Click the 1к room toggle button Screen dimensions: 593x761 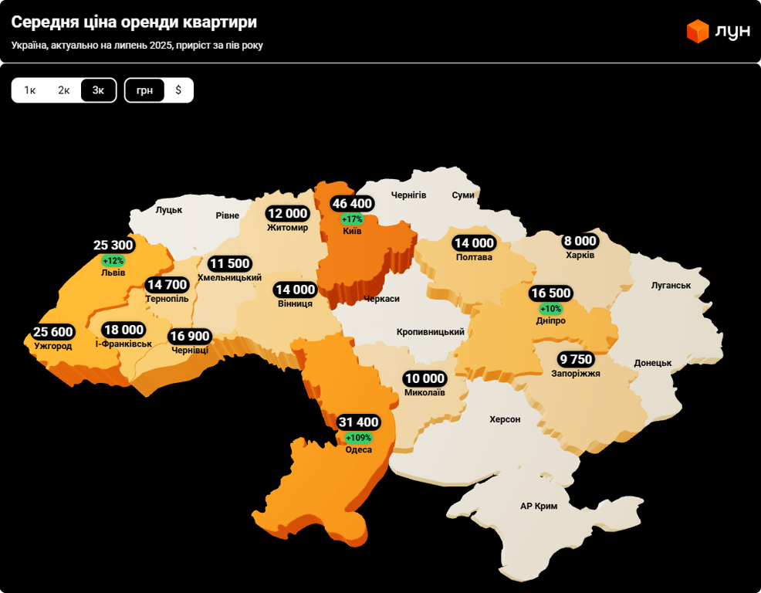pyautogui.click(x=30, y=90)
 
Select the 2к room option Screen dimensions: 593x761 pyautogui.click(x=64, y=90)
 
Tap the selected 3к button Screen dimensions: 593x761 pyautogui.click(x=98, y=90)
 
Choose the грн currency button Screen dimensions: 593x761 pyautogui.click(x=144, y=90)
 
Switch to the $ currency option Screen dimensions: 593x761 pyautogui.click(x=178, y=90)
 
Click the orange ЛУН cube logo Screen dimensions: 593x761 pyautogui.click(x=698, y=31)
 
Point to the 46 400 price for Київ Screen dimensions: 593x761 pyautogui.click(x=352, y=204)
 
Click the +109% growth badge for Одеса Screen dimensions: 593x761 pyautogui.click(x=358, y=438)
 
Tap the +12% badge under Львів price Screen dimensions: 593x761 pyautogui.click(x=113, y=261)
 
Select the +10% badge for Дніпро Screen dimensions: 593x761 pyautogui.click(x=550, y=309)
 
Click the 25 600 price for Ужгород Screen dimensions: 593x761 pyautogui.click(x=52, y=332)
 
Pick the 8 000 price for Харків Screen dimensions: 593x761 pyautogui.click(x=580, y=241)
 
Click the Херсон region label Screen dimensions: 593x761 pyautogui.click(x=505, y=419)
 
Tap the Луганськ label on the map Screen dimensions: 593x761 pyautogui.click(x=671, y=285)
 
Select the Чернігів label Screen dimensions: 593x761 pyautogui.click(x=408, y=195)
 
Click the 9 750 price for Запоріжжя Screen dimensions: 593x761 pyautogui.click(x=576, y=359)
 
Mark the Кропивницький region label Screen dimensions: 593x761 pyautogui.click(x=431, y=332)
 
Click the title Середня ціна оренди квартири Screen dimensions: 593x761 pyautogui.click(x=134, y=22)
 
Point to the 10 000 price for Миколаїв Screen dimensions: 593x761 pyautogui.click(x=424, y=378)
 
